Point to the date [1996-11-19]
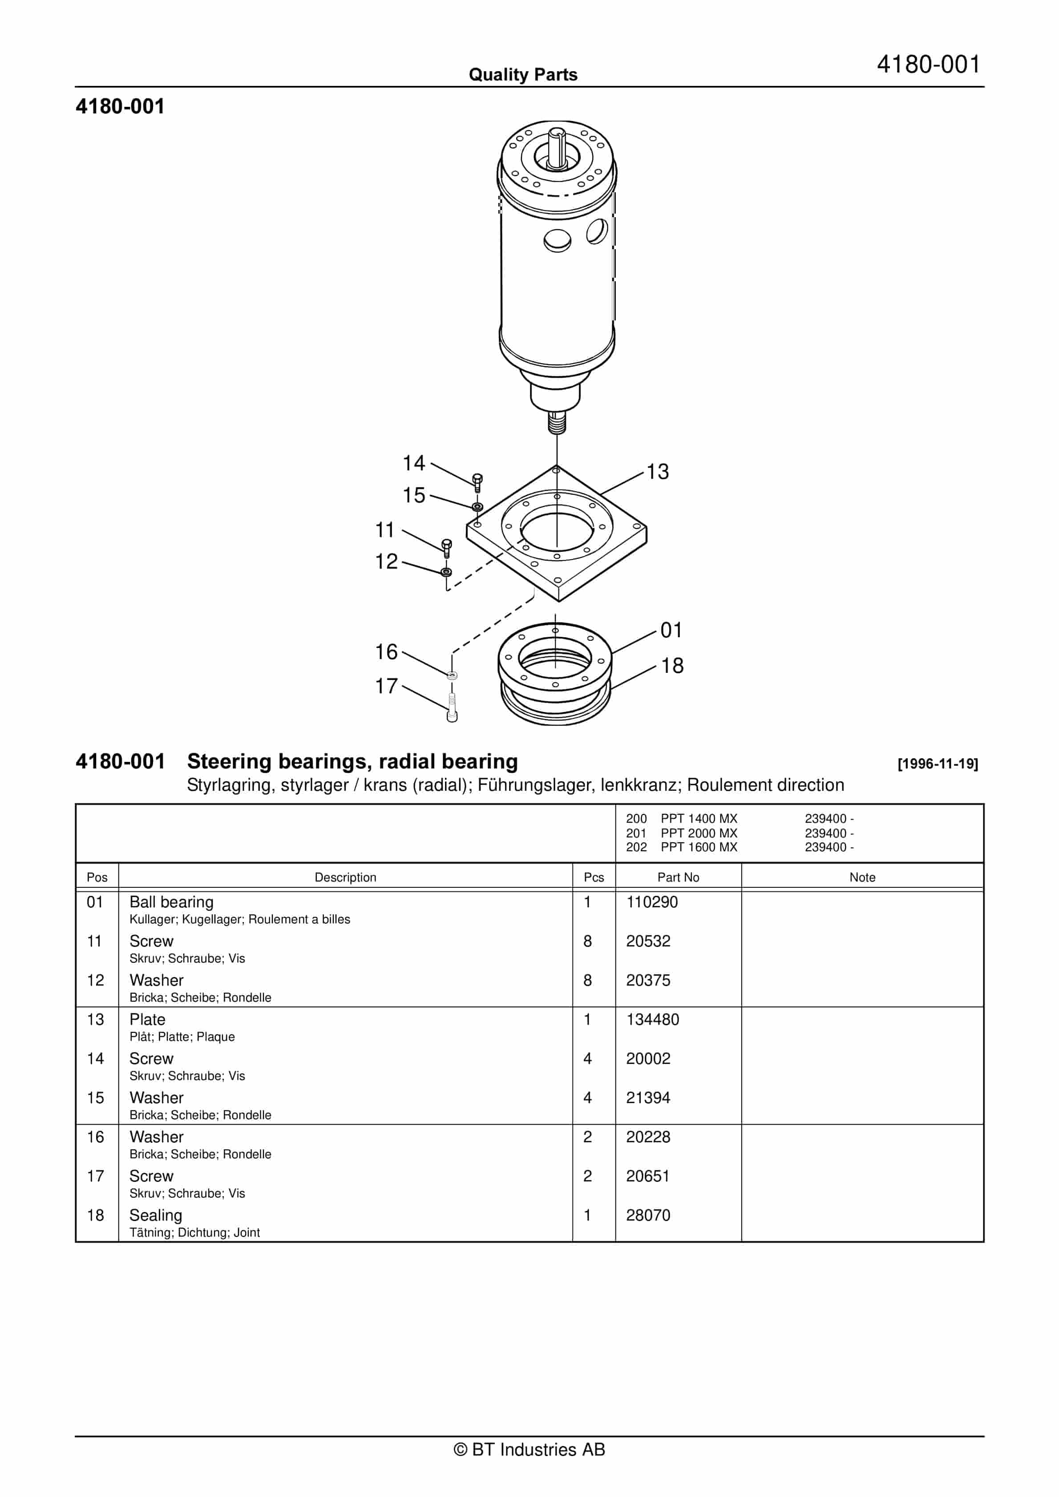pos(937,764)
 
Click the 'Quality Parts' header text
pos(523,74)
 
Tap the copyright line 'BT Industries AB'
pos(529,1449)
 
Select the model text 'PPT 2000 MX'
pos(699,833)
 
